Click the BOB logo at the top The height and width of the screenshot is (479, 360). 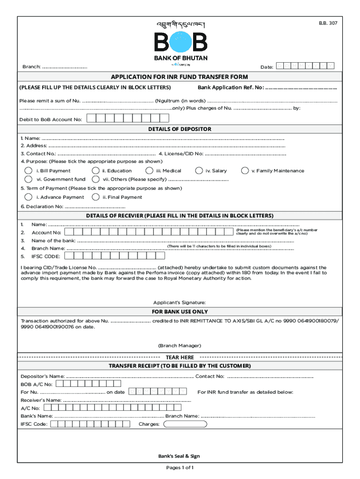pos(180,43)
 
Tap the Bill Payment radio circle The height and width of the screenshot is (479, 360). pos(29,171)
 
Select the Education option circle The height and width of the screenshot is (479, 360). pos(95,171)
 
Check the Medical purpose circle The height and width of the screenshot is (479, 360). pos(149,171)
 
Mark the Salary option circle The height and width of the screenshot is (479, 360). pos(199,171)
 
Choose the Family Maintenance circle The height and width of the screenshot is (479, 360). pos(245,171)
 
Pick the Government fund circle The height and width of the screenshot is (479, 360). pos(29,179)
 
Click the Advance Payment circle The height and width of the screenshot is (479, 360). pos(29,197)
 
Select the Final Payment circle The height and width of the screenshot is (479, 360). pos(95,197)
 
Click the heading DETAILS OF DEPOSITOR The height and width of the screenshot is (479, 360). pos(180,129)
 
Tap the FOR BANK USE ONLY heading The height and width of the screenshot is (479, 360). pos(180,312)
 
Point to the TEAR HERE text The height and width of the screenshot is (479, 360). pos(180,357)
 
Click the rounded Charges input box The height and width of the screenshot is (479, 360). pos(185,424)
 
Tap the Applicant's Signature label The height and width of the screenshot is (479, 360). pos(180,302)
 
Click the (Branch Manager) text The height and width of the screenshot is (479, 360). pos(180,345)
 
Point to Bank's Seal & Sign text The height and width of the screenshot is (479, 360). pos(180,456)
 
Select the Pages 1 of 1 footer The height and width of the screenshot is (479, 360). pos(180,468)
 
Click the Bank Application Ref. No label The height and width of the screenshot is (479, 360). pos(230,87)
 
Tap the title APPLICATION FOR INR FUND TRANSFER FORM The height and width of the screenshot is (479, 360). pos(180,77)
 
